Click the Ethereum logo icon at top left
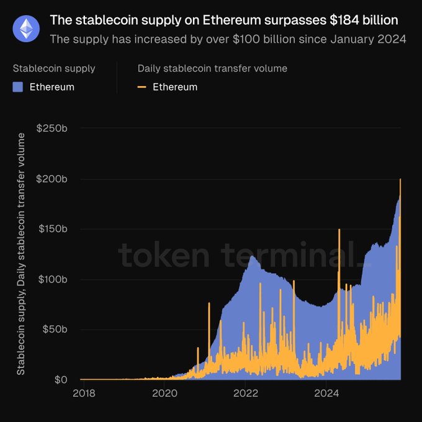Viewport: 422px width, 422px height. (26, 28)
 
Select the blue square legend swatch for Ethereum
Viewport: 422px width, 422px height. (18, 87)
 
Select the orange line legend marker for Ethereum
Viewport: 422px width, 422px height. (142, 87)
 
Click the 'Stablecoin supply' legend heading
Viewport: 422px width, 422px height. (54, 68)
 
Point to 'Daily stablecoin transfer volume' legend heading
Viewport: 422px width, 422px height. (212, 68)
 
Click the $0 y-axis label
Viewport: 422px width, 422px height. (62, 379)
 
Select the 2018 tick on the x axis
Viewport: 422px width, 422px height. (84, 393)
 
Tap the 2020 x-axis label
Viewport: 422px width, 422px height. (164, 393)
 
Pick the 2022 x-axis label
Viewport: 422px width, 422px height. (246, 393)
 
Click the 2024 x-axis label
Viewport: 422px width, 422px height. (326, 393)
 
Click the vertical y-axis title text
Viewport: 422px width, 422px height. (21, 254)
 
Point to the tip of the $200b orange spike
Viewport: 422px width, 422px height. (400, 179)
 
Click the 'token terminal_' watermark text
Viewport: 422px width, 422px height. (244, 256)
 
